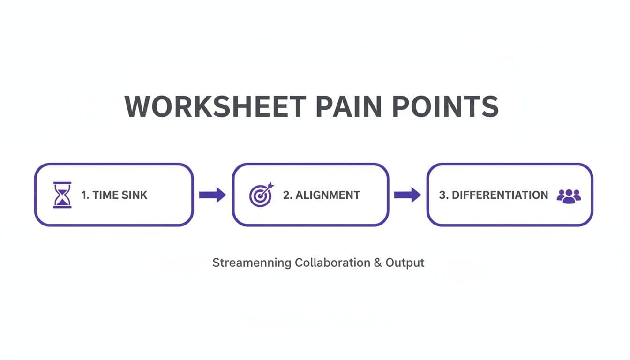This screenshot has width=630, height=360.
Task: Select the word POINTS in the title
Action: pos(445,106)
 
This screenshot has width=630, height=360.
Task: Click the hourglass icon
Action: pos(62,195)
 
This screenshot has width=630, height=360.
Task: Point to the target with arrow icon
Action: pos(261,195)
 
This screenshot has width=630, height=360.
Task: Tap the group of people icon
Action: pos(569,195)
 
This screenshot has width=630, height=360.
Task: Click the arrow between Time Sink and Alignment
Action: pos(212,195)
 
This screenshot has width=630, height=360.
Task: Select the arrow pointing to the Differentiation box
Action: pos(407,195)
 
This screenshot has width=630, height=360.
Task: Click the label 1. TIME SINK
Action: pos(114,195)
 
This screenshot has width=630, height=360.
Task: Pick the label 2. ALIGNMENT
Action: pos(322,195)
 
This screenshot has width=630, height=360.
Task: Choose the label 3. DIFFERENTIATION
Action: pos(493,195)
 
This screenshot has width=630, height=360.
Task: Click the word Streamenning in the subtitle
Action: pos(251,263)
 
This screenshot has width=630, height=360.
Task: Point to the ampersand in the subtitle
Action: pos(378,262)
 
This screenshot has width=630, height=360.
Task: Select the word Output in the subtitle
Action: pos(405,262)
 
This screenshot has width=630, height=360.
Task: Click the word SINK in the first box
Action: pos(135,195)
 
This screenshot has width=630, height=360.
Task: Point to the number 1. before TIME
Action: pos(85,195)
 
